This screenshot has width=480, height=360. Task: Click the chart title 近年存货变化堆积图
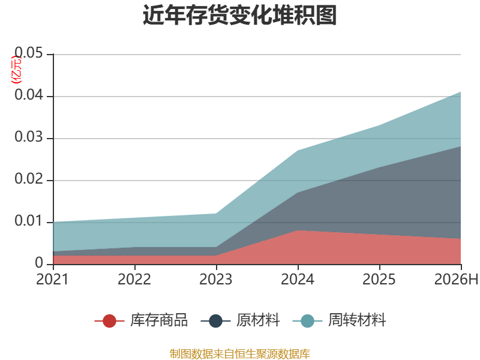pyautogui.click(x=239, y=15)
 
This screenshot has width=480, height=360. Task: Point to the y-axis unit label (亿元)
pyautogui.click(x=16, y=70)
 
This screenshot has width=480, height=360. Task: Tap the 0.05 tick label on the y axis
pyautogui.click(x=29, y=53)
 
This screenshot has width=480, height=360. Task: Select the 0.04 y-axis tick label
pyautogui.click(x=29, y=95)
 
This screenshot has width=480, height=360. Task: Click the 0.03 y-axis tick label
pyautogui.click(x=29, y=137)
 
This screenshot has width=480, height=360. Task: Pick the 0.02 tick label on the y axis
pyautogui.click(x=29, y=179)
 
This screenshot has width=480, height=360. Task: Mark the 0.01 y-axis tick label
pyautogui.click(x=29, y=221)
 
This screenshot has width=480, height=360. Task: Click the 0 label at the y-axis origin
pyautogui.click(x=39, y=263)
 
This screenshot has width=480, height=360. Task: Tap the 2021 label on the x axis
pyautogui.click(x=52, y=279)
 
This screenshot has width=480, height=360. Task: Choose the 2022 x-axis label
pyautogui.click(x=134, y=279)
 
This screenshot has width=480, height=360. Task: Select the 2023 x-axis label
pyautogui.click(x=216, y=279)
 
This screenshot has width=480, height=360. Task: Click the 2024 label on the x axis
pyautogui.click(x=298, y=279)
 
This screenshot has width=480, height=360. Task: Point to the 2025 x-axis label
pyautogui.click(x=379, y=279)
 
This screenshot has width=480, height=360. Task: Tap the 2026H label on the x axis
pyautogui.click(x=456, y=279)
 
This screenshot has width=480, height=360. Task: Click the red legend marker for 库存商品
pyautogui.click(x=109, y=321)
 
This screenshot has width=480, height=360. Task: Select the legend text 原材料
pyautogui.click(x=258, y=320)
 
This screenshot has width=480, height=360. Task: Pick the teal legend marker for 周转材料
pyautogui.click(x=307, y=321)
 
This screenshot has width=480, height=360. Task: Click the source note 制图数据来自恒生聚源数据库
pyautogui.click(x=240, y=354)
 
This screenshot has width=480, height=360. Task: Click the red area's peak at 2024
pyautogui.click(x=298, y=230)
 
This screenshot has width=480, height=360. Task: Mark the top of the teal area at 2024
pyautogui.click(x=298, y=151)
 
